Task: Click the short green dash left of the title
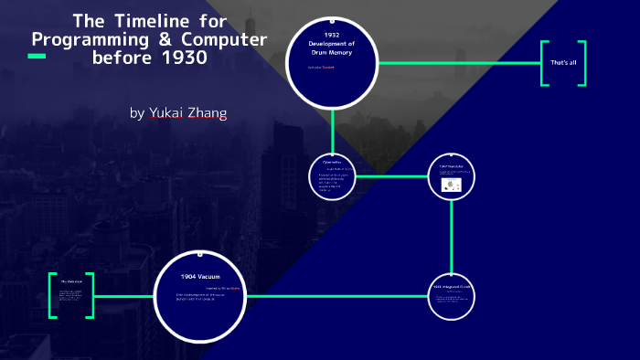(37, 57)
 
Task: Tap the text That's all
(562, 62)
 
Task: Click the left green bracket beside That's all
(544, 63)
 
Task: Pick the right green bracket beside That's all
(581, 63)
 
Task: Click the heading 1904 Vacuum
(199, 275)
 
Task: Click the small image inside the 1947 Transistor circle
(450, 184)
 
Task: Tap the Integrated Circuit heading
(452, 287)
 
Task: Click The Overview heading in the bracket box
(71, 281)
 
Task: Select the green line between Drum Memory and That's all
(457, 62)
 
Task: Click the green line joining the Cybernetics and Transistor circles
(391, 175)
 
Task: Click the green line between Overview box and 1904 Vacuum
(123, 296)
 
